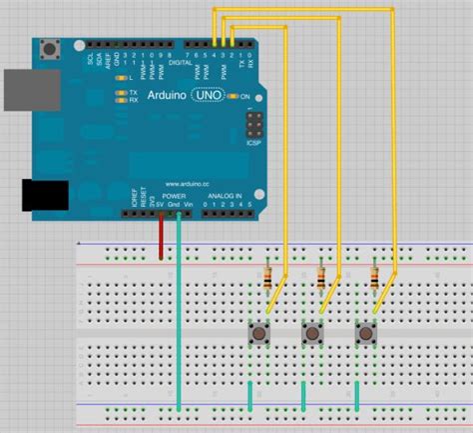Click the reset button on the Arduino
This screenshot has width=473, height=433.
(46, 49)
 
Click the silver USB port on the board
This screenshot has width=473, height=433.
(22, 90)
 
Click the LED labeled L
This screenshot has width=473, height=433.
(121, 77)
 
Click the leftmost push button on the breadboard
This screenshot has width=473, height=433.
(259, 331)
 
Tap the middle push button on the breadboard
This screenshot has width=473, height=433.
(312, 332)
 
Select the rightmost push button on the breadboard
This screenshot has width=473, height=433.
(366, 331)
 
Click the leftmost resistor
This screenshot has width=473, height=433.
(268, 274)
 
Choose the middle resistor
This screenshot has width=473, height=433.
(321, 274)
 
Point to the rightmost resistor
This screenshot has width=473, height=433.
(374, 274)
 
